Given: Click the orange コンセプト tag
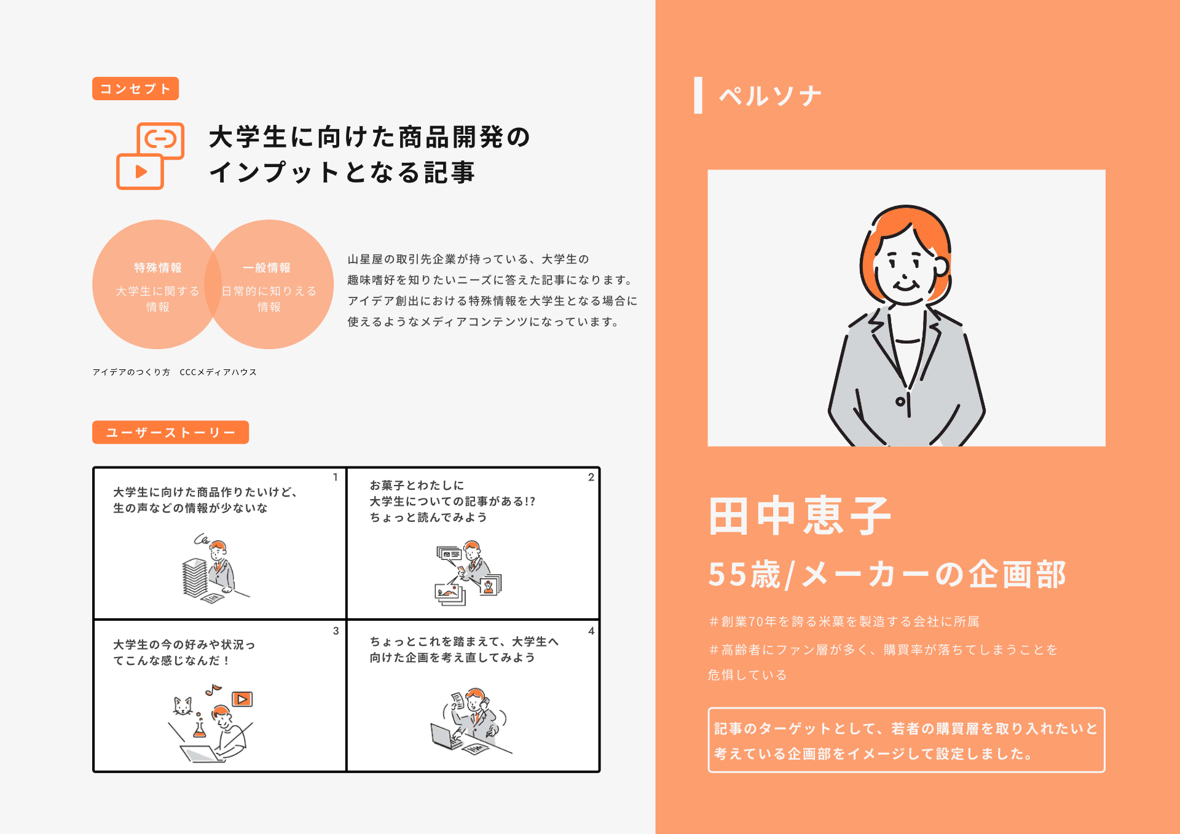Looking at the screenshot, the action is pos(135,89).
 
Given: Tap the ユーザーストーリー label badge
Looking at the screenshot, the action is pos(170,432).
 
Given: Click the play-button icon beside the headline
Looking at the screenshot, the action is pos(140,171).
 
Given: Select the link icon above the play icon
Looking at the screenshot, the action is pos(161,140).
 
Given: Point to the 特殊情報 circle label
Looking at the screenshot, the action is pos(158,268).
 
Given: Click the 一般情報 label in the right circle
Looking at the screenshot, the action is pos(267,268).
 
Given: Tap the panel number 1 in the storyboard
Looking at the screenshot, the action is pos(336,477).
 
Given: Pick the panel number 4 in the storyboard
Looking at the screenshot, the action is pos(591,631).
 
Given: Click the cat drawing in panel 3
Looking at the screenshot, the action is pos(183,706).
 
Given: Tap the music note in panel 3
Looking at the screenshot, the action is pos(213,690).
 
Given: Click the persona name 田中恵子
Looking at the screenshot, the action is pos(800,516).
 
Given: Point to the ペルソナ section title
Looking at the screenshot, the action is pos(770,96).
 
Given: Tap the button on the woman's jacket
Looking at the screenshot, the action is pos(900,402).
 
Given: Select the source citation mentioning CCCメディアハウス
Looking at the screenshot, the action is pos(175,372).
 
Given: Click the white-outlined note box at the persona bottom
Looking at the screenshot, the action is pos(906,741).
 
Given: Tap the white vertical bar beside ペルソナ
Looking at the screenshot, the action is pos(698,95).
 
